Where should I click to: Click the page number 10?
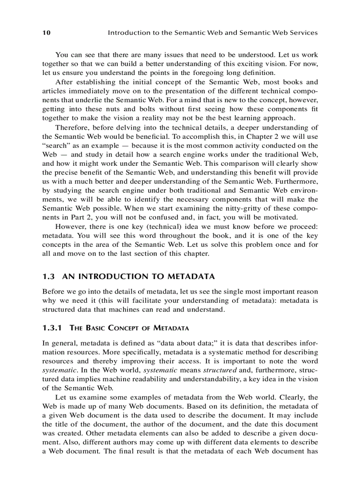click(46, 33)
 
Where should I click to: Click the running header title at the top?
click(213, 33)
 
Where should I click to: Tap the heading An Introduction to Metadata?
click(139, 277)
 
